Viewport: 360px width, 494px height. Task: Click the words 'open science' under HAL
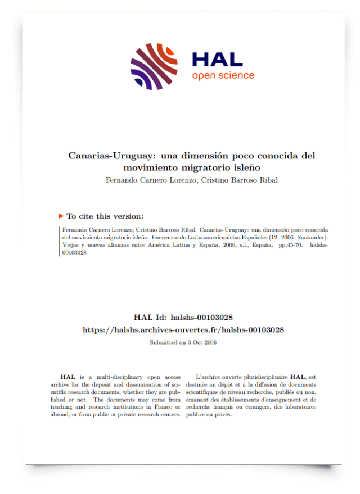[223, 76]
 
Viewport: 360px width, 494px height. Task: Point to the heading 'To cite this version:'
[105, 216]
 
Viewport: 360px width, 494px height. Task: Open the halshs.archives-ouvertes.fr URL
[183, 330]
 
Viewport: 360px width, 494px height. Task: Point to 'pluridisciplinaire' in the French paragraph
[260, 377]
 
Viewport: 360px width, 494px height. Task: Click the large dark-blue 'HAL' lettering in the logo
[217, 59]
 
